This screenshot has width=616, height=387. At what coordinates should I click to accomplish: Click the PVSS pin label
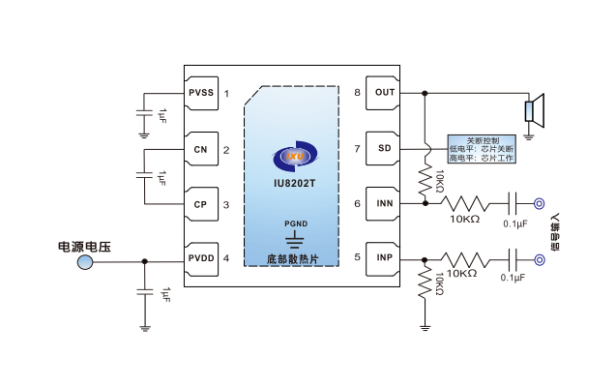(201, 93)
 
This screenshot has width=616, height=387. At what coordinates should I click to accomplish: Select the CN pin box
(201, 149)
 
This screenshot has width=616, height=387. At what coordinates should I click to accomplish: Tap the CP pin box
(201, 204)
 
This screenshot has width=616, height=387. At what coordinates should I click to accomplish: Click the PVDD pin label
(201, 258)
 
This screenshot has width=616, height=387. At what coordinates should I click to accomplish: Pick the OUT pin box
(384, 93)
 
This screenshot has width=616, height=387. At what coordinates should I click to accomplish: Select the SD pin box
(384, 149)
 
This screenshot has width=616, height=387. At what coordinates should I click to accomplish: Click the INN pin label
(384, 204)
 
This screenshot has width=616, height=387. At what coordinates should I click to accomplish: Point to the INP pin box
(384, 258)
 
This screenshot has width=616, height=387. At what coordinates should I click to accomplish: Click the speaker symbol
(535, 109)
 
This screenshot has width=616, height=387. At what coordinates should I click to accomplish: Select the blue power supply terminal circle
(85, 261)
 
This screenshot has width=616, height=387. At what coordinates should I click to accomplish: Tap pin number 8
(357, 93)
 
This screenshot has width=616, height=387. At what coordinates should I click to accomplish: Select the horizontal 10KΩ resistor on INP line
(462, 259)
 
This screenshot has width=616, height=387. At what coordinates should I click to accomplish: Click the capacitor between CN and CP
(144, 177)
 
